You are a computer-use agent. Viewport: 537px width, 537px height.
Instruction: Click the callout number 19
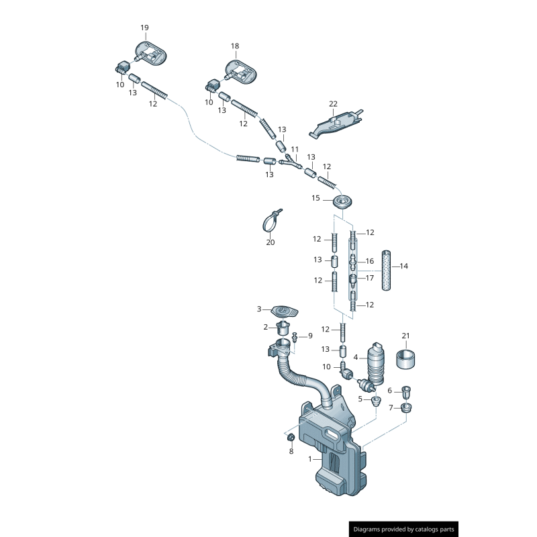[x=144, y=28]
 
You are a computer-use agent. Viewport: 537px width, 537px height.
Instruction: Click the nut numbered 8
[x=291, y=438]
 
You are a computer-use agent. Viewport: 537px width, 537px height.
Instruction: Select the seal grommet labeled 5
[x=376, y=401]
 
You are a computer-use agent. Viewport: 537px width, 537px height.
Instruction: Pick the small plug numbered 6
[x=407, y=391]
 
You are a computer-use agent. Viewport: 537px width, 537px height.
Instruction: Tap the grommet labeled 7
[x=406, y=407]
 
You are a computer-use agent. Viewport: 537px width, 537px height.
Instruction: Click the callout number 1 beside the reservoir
[x=310, y=459]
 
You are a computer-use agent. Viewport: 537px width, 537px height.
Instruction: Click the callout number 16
[x=369, y=261]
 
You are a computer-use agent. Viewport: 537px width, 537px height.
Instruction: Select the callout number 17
[x=369, y=278]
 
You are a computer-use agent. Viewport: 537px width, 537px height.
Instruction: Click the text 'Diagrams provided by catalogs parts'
[x=404, y=529]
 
